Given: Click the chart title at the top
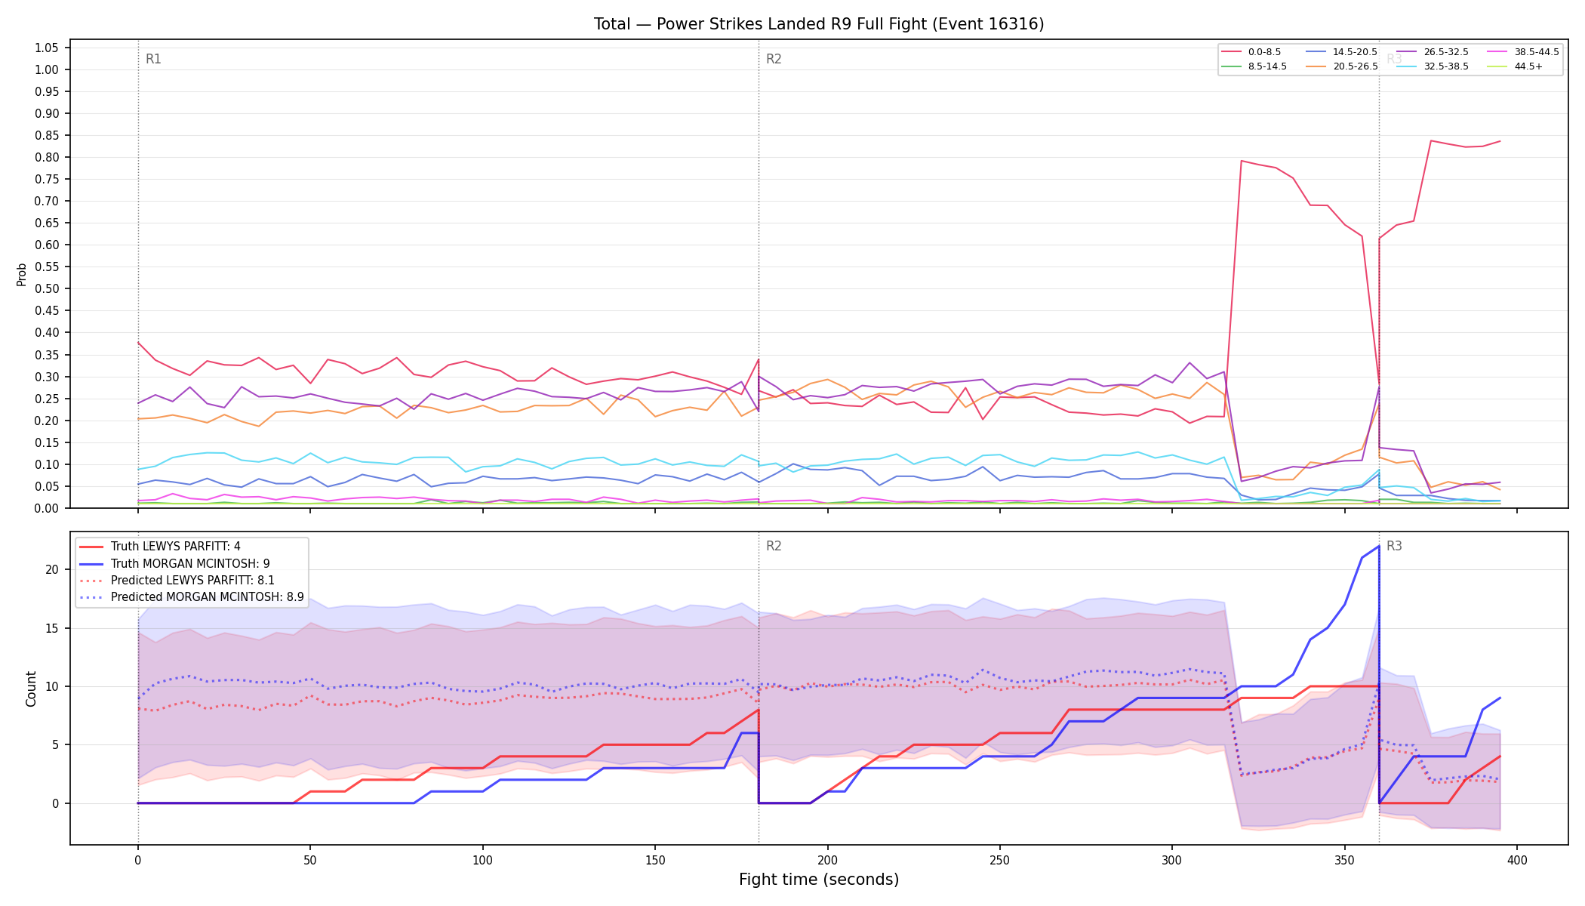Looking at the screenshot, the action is [819, 24].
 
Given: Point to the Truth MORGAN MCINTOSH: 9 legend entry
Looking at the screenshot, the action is [174, 564].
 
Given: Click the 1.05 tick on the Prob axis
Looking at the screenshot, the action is [47, 48].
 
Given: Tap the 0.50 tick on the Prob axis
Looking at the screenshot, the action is [47, 288].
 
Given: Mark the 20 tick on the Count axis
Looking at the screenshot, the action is [52, 570].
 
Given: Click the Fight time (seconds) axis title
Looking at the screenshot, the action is [819, 880].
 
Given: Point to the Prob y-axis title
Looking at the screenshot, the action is [21, 274].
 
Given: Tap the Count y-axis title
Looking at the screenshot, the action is [31, 689].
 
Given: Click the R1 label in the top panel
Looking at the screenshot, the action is [153, 59].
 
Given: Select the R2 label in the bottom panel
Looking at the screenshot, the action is [774, 546].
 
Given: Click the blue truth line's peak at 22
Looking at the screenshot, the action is [1379, 546].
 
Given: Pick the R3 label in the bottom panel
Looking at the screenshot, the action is [1394, 546].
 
